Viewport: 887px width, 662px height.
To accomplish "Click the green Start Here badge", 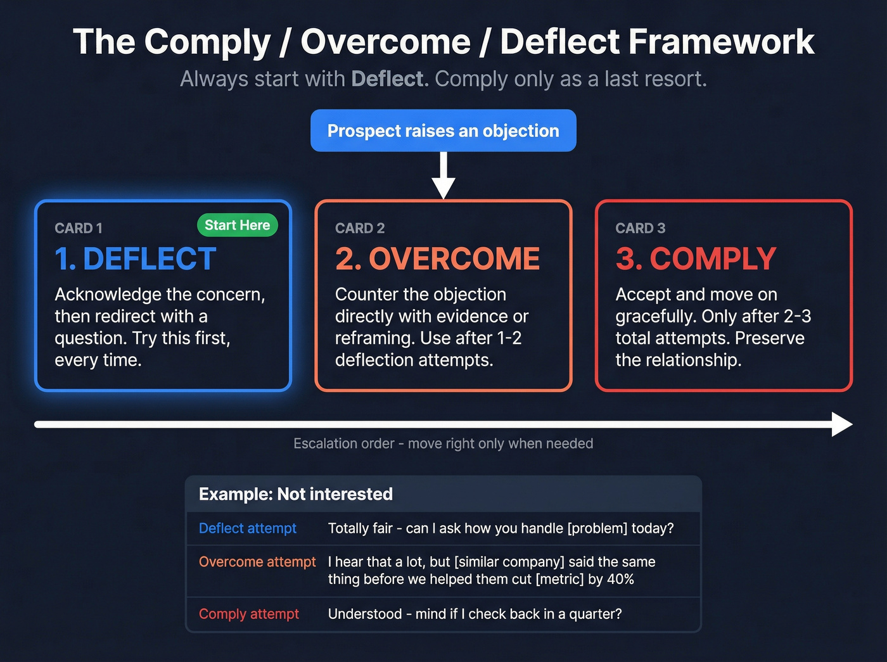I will pyautogui.click(x=237, y=226).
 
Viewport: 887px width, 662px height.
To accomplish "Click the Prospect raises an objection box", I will pyautogui.click(x=443, y=130).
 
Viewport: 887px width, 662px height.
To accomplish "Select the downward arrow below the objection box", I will pyautogui.click(x=443, y=177).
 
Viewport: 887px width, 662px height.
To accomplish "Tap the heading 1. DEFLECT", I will pyautogui.click(x=136, y=258).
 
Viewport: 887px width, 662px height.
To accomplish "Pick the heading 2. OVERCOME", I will pyautogui.click(x=437, y=258).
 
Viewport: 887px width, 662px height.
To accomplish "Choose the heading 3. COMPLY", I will pyautogui.click(x=696, y=258).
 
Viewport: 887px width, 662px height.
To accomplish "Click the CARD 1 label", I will pyautogui.click(x=79, y=228).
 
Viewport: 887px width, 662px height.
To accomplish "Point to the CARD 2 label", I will pyautogui.click(x=360, y=228).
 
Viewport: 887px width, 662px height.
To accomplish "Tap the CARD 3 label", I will pyautogui.click(x=640, y=228).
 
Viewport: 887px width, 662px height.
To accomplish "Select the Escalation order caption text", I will pyautogui.click(x=443, y=443).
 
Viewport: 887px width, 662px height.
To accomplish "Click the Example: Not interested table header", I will pyautogui.click(x=296, y=494).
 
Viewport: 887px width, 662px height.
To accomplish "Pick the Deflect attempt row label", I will pyautogui.click(x=248, y=528).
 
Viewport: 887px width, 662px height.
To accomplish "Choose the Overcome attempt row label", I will pyautogui.click(x=257, y=562).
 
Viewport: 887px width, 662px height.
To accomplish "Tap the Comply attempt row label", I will pyautogui.click(x=249, y=614).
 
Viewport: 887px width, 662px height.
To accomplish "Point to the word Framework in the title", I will pyautogui.click(x=721, y=42).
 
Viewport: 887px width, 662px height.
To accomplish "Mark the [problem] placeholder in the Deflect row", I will pyautogui.click(x=596, y=528).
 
